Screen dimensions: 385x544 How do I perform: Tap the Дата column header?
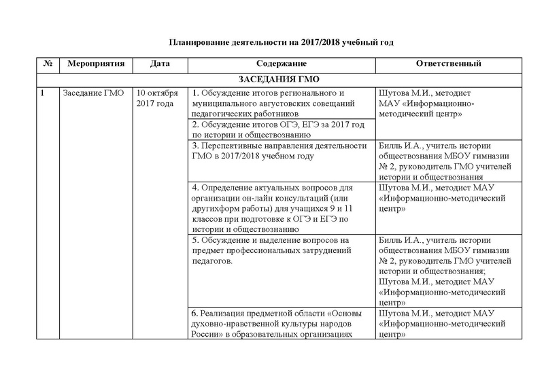click(x=158, y=64)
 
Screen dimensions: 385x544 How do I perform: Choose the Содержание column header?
click(x=279, y=64)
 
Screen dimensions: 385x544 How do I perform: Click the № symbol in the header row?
click(x=48, y=64)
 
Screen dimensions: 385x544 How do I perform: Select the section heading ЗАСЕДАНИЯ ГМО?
click(x=280, y=78)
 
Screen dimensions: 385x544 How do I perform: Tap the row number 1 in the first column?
click(x=43, y=93)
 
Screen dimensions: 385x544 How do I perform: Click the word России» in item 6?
click(x=207, y=334)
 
